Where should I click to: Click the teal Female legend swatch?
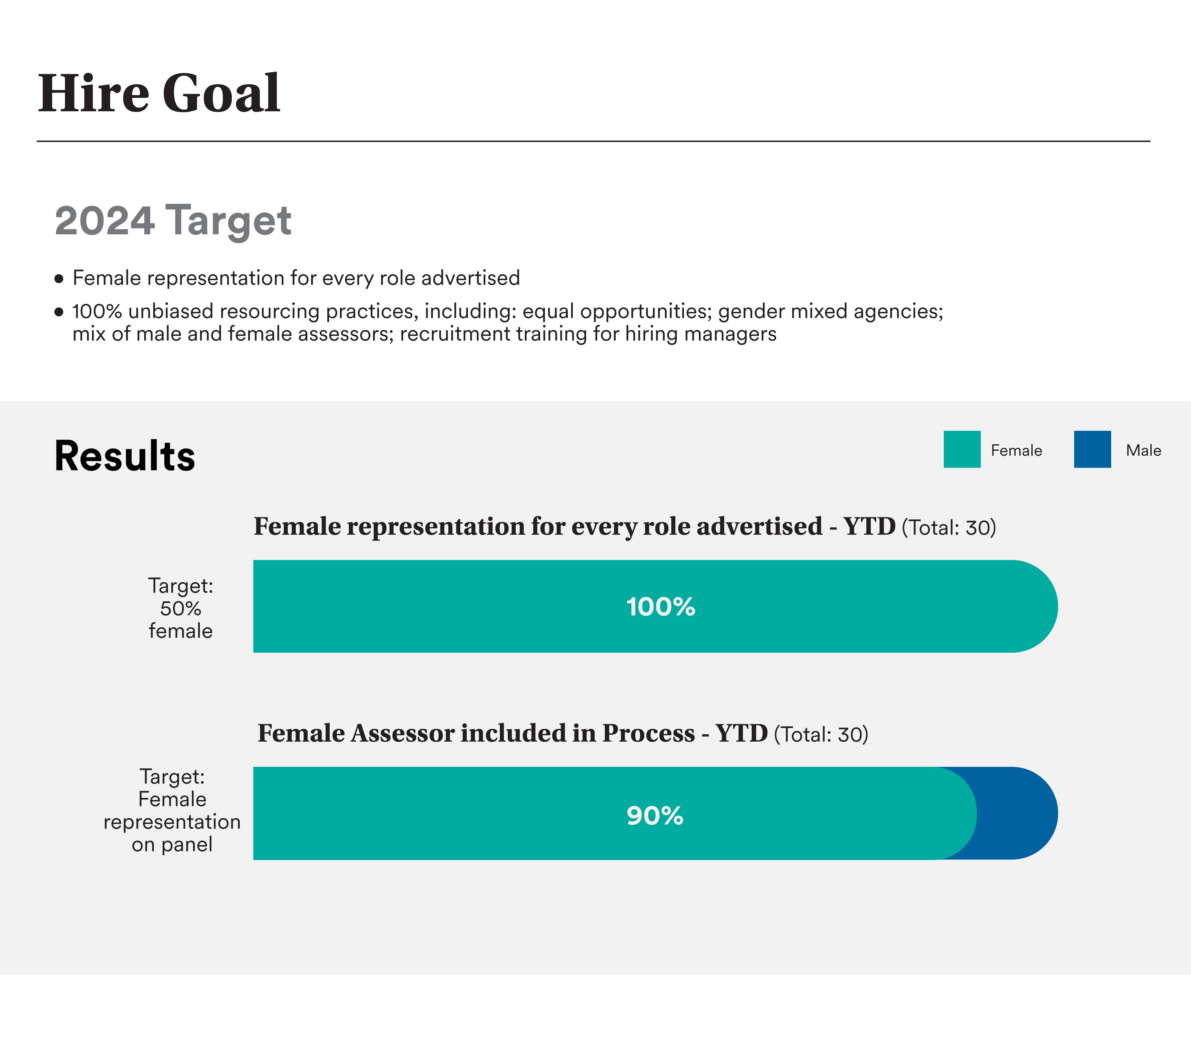(x=962, y=449)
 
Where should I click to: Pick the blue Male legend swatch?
(x=1093, y=449)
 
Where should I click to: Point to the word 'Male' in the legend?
(x=1143, y=450)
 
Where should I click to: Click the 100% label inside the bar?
(x=661, y=607)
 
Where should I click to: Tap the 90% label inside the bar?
(x=655, y=816)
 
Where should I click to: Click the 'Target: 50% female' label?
(x=181, y=608)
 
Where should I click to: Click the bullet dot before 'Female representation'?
(x=58, y=279)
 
